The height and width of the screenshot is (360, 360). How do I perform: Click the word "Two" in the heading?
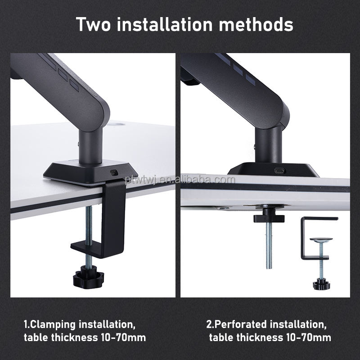94,24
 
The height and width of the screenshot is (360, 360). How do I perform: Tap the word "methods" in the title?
256,24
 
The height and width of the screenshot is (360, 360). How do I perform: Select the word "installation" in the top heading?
165,24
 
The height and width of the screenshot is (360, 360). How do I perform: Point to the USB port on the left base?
113,172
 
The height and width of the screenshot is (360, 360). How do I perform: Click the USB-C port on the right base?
279,171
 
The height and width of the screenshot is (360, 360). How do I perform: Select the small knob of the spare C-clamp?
321,284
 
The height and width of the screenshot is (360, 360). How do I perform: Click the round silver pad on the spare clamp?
321,239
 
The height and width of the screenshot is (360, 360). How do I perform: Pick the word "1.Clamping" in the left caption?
50,324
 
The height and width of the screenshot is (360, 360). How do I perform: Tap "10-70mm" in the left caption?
123,337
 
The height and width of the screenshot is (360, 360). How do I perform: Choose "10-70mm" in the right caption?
309,337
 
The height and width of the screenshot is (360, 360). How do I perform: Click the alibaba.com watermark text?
180,180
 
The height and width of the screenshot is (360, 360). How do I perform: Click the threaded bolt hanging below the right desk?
269,245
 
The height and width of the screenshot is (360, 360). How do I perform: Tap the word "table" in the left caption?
36,337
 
